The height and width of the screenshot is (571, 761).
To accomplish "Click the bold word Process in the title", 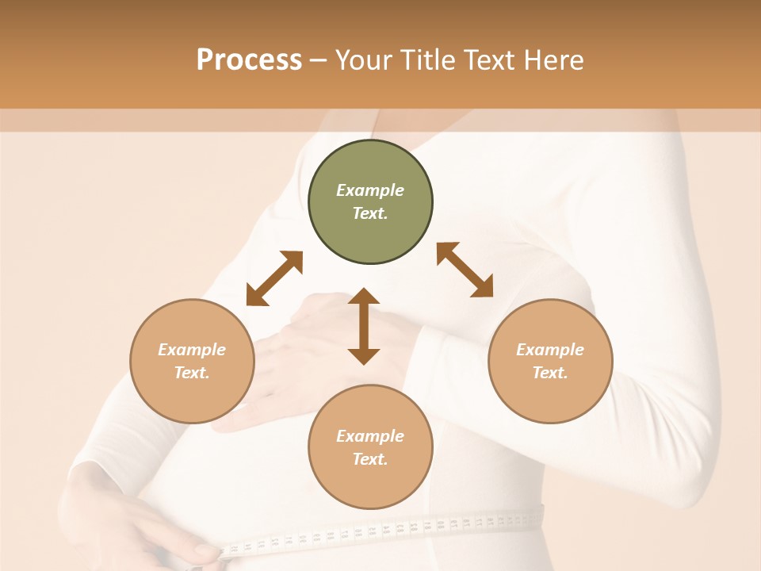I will point(249,60).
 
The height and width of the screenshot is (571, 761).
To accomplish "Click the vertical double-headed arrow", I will point(364,326).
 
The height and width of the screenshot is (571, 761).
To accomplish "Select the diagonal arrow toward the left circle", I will point(274,278).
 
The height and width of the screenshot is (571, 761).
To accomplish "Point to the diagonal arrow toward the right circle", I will point(465,270).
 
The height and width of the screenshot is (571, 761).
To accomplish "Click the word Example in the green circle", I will point(370,190).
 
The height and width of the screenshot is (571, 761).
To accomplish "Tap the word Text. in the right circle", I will point(550,373).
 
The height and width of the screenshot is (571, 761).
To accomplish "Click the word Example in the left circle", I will point(192,350).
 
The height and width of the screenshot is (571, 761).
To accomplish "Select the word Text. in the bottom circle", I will point(370,459).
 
